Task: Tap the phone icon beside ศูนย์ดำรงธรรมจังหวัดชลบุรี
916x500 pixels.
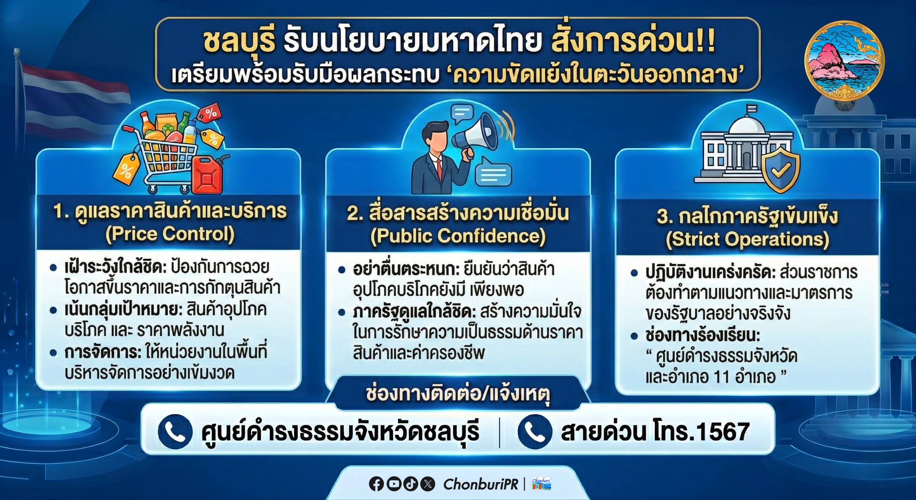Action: pyautogui.click(x=175, y=431)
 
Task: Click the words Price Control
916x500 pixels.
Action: pyautogui.click(x=170, y=234)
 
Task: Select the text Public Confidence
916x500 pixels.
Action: pyautogui.click(x=458, y=236)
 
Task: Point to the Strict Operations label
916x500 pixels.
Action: pyautogui.click(x=747, y=239)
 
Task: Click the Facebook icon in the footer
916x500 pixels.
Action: pyautogui.click(x=376, y=484)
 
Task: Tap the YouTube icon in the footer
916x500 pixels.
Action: pyautogui.click(x=394, y=484)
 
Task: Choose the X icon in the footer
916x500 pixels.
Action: pyautogui.click(x=428, y=484)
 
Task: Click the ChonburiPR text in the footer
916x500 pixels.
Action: pyautogui.click(x=481, y=484)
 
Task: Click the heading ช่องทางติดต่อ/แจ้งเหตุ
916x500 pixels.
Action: pyautogui.click(x=458, y=393)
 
